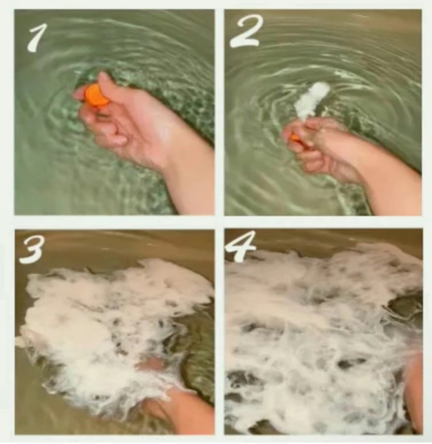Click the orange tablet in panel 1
click(96, 95)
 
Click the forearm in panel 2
click(388, 182)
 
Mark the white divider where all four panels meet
click(219, 222)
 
